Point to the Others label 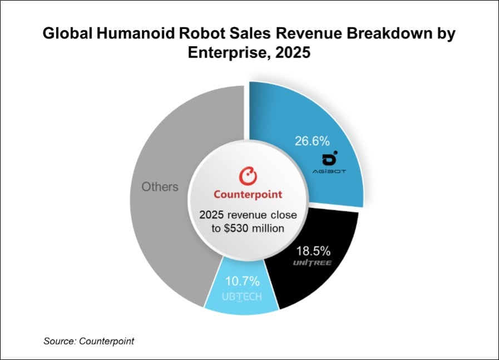[x=160, y=186]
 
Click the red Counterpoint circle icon [x=248, y=177]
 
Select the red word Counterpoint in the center [x=248, y=195]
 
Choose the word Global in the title [x=69, y=35]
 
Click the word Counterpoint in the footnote [x=106, y=341]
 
